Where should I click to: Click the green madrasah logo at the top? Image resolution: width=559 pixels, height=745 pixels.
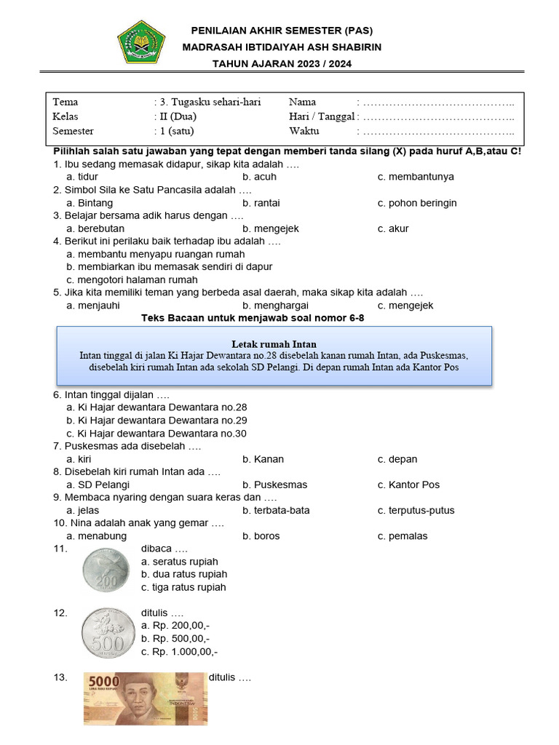[x=141, y=41]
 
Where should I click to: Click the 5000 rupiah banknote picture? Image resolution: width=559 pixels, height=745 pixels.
[x=145, y=698]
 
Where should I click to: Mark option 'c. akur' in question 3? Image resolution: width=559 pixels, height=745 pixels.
[x=393, y=228]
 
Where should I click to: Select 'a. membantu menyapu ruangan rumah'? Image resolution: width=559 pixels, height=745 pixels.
[x=155, y=255]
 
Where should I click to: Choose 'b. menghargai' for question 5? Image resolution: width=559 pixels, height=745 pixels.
[x=276, y=306]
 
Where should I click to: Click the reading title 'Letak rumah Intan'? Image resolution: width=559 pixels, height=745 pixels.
[x=274, y=343]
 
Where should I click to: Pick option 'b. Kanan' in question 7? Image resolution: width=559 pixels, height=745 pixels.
[x=263, y=459]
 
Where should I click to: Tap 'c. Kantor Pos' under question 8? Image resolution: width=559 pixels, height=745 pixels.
[x=408, y=485]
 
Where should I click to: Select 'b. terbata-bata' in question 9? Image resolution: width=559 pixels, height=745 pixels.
[x=277, y=510]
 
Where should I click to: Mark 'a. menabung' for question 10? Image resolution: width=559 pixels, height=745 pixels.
[x=96, y=536]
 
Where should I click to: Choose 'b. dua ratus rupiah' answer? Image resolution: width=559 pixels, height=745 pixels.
[x=184, y=574]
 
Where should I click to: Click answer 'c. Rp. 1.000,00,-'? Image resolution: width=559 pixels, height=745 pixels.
[x=180, y=652]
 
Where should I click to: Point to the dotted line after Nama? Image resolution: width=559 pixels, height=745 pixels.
[x=438, y=103]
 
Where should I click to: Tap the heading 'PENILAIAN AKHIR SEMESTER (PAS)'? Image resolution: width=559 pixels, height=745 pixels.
[x=282, y=31]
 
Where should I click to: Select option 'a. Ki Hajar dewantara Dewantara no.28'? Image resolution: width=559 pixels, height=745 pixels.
[x=156, y=407]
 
